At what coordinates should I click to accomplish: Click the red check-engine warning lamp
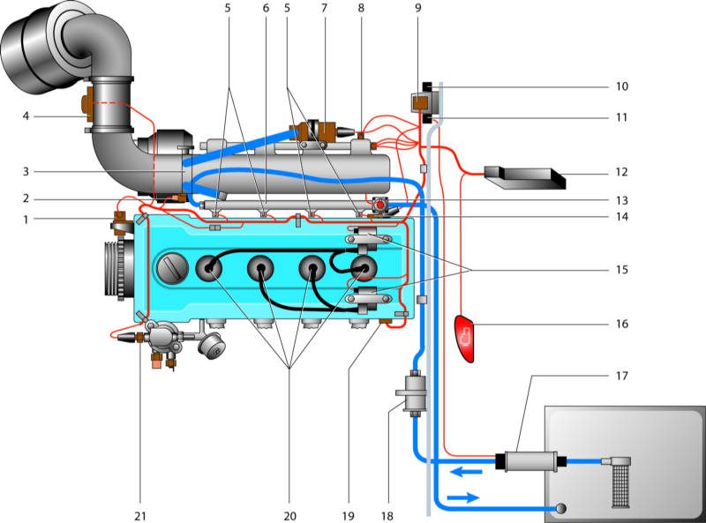468,336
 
